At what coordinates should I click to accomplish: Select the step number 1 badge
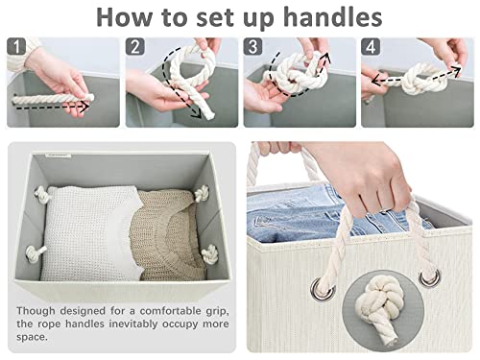16,47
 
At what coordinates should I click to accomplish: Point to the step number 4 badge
371,47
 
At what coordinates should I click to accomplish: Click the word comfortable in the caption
162,312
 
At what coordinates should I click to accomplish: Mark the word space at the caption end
32,341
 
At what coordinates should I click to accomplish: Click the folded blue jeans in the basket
288,213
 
